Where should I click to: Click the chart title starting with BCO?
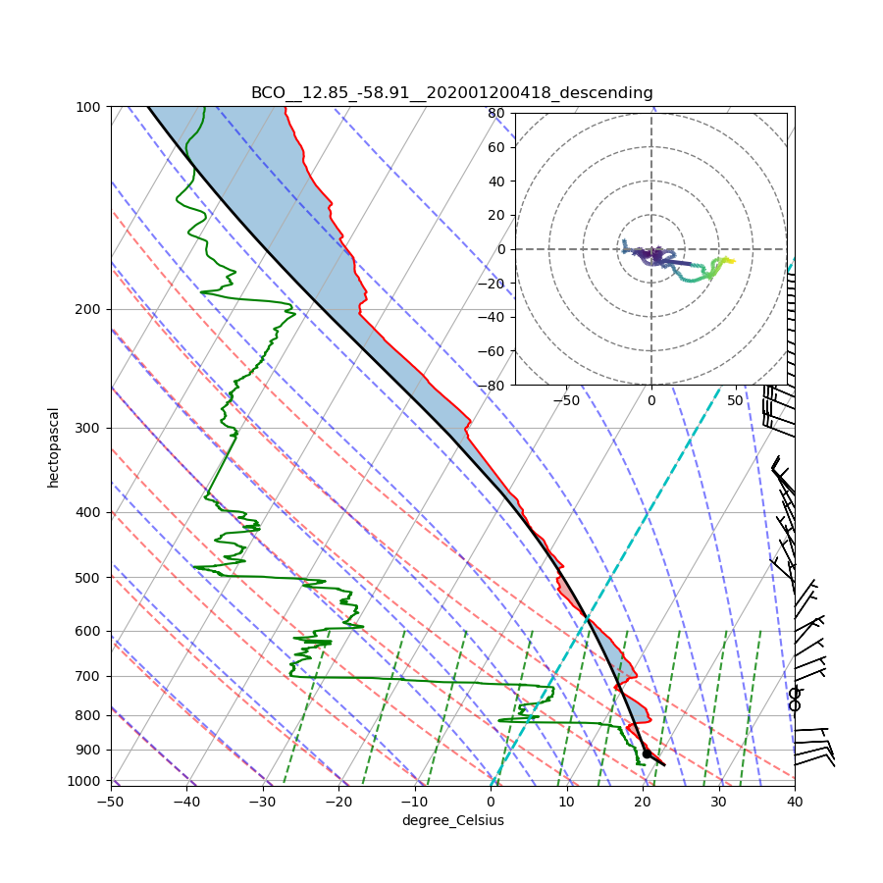pyautogui.click(x=451, y=93)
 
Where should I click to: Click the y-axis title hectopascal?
pyautogui.click(x=53, y=446)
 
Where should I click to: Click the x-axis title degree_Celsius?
pyautogui.click(x=452, y=820)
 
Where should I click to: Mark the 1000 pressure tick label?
pyautogui.click(x=85, y=781)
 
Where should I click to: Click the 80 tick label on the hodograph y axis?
pyautogui.click(x=495, y=113)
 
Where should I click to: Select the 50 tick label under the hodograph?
pyautogui.click(x=735, y=400)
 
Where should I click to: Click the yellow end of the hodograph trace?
pyautogui.click(x=730, y=260)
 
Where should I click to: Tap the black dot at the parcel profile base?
pyautogui.click(x=646, y=753)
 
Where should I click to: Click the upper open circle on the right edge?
pyautogui.click(x=795, y=694)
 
